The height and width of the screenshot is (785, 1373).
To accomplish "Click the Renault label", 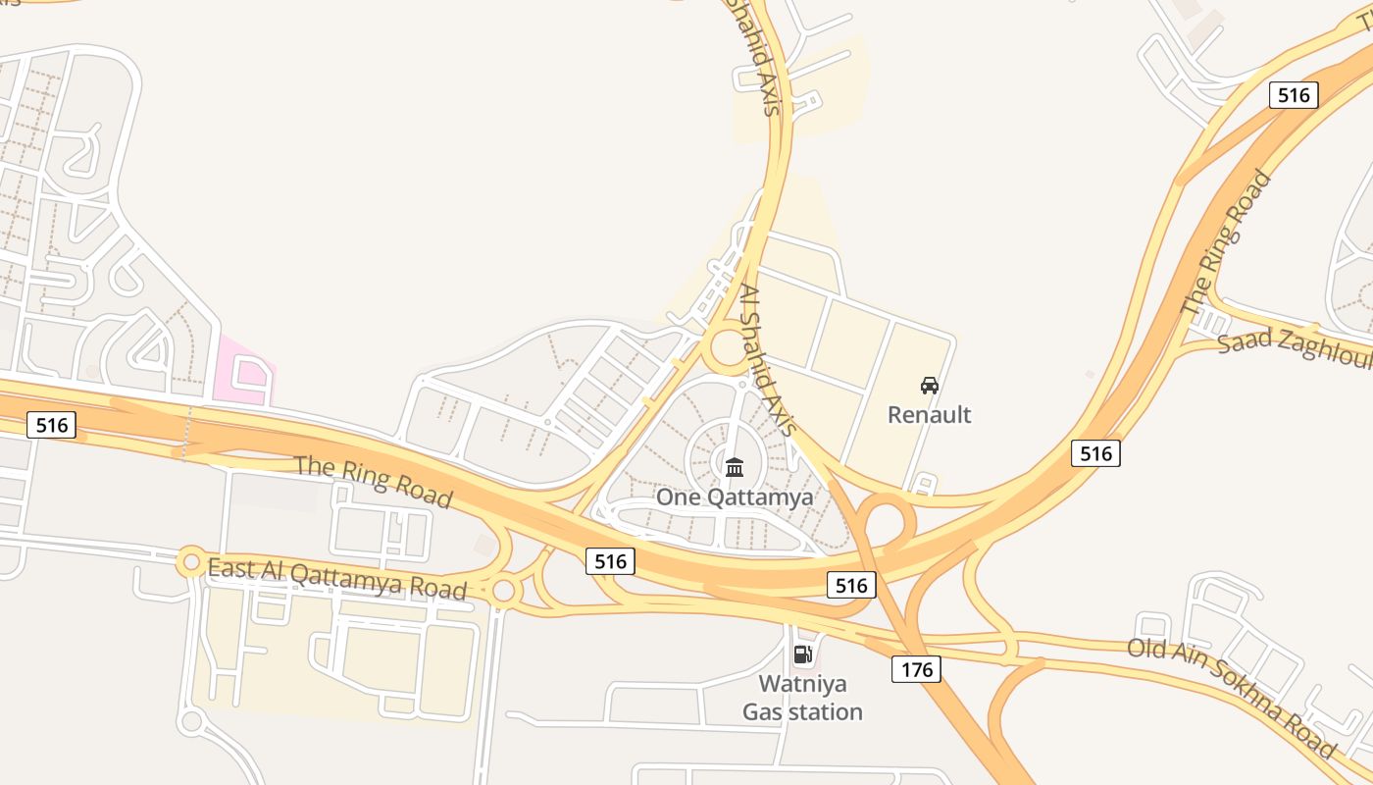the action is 929,414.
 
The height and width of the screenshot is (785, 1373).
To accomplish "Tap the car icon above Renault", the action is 929,386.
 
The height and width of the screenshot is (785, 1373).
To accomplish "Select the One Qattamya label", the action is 735,497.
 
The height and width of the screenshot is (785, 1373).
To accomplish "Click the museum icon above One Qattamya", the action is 735,467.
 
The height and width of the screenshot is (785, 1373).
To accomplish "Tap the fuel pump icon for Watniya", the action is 802,654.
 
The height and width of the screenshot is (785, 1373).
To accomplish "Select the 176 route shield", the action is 916,669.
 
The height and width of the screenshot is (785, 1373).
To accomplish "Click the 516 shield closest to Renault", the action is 1095,452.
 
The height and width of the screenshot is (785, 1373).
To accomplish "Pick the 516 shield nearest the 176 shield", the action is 850,586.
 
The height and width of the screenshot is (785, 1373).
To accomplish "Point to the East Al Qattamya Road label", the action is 336,577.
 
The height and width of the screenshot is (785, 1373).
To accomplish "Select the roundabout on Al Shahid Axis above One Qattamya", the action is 730,349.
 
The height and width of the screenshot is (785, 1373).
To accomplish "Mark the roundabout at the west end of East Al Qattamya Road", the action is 190,562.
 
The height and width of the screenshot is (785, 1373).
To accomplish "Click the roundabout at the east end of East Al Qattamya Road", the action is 503,591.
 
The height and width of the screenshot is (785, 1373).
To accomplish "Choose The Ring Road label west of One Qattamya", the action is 373,480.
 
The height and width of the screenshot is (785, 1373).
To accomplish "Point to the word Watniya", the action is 802,684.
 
